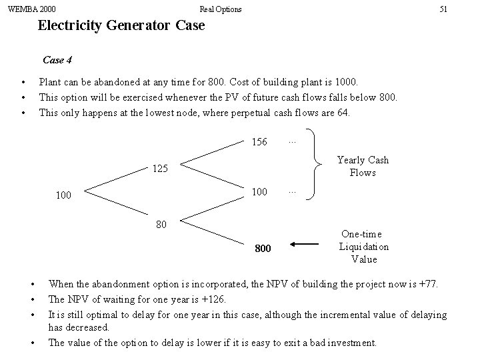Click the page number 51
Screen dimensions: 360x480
(x=443, y=9)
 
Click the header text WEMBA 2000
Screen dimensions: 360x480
(x=31, y=9)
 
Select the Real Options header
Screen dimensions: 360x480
(x=221, y=9)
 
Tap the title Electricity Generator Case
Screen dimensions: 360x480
(x=121, y=27)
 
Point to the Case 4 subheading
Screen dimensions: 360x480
(x=57, y=60)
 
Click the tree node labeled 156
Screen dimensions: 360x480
(x=259, y=142)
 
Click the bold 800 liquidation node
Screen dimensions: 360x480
(x=263, y=249)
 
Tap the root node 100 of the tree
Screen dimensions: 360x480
(x=63, y=196)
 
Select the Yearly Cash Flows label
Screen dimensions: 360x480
(x=363, y=166)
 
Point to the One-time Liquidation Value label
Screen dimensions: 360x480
(x=363, y=246)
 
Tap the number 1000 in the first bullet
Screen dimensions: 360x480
(x=346, y=82)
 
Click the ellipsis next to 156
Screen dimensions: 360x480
(x=291, y=141)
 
